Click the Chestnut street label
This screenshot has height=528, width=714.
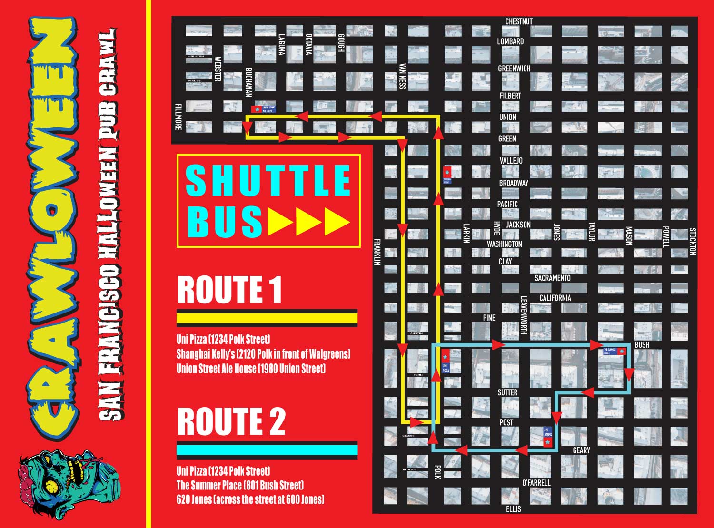(x=519, y=21)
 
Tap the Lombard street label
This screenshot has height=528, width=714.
(x=510, y=41)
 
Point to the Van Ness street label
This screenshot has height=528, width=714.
(x=402, y=76)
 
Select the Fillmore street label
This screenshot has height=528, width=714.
(x=178, y=117)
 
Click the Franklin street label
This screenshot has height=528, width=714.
(x=377, y=252)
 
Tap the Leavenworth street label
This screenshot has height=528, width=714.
(x=524, y=315)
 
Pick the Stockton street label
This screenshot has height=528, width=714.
(x=693, y=242)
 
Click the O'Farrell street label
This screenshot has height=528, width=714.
(x=536, y=483)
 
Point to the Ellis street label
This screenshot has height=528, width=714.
(x=514, y=509)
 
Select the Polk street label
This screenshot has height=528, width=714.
(x=437, y=472)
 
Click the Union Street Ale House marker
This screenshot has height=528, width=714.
(x=258, y=109)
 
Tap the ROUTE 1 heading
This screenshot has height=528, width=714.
(x=229, y=290)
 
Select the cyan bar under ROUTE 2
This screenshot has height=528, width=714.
(x=267, y=450)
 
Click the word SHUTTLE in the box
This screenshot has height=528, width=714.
(x=268, y=181)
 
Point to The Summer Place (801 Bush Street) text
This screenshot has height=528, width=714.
(x=240, y=486)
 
